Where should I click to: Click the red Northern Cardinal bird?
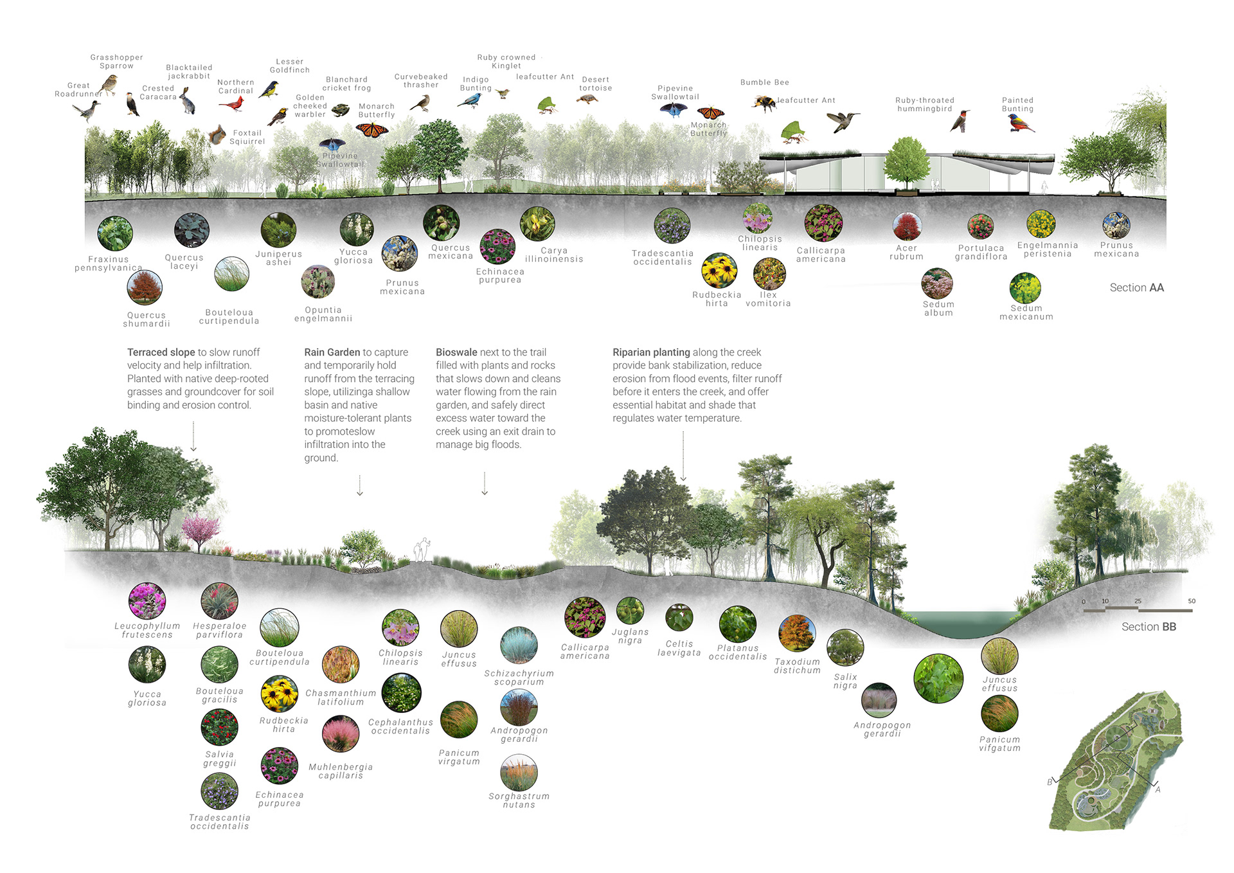pyautogui.click(x=232, y=104)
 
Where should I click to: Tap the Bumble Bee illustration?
pyautogui.click(x=764, y=103)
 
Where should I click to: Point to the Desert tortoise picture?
pyautogui.click(x=587, y=99)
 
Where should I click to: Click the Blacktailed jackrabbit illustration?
pyautogui.click(x=187, y=100)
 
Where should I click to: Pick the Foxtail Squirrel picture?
pyautogui.click(x=218, y=135)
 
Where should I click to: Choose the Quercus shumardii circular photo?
pyautogui.click(x=145, y=287)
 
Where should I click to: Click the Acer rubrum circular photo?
pyautogui.click(x=907, y=226)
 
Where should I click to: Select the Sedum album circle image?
pyautogui.click(x=937, y=283)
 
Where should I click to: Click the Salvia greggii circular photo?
pyautogui.click(x=219, y=727)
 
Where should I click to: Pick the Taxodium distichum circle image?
pyautogui.click(x=797, y=633)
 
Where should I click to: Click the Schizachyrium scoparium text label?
pyautogui.click(x=519, y=678)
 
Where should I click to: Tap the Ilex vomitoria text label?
pyautogui.click(x=768, y=300)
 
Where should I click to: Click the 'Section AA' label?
pyautogui.click(x=1136, y=287)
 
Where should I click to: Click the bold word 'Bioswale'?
pyautogui.click(x=456, y=352)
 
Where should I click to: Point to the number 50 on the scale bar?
pyautogui.click(x=1192, y=601)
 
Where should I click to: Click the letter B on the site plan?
pyautogui.click(x=1050, y=782)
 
